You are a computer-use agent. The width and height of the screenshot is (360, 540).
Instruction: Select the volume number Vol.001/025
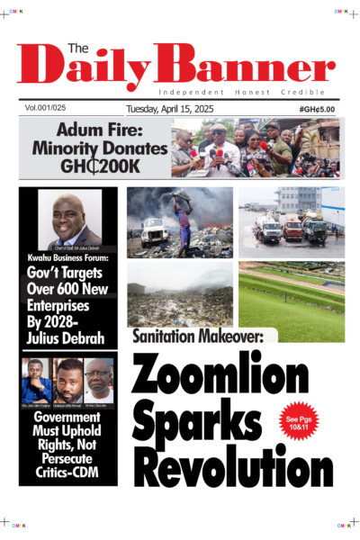click(49, 108)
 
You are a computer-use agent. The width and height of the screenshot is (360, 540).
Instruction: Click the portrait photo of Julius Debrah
click(68, 219)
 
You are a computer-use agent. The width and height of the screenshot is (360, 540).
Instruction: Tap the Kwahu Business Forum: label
click(68, 260)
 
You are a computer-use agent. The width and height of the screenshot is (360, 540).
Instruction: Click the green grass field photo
click(291, 301)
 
